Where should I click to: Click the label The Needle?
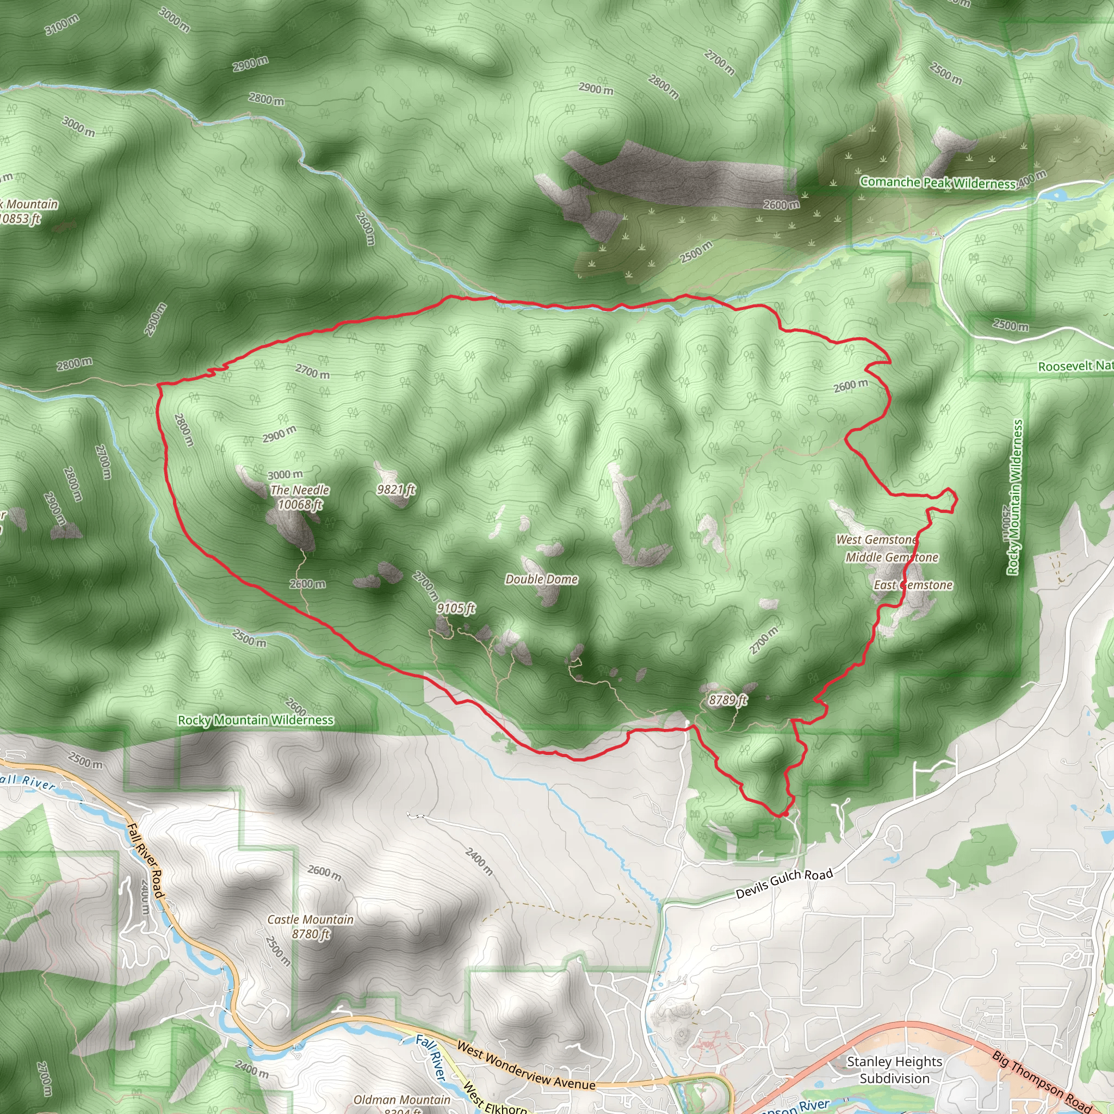300,490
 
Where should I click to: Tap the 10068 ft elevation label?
300,505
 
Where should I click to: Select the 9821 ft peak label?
395,490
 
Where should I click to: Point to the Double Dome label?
541,579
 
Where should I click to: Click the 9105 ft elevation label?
455,608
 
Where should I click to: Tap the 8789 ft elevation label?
728,700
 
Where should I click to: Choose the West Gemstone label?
876,540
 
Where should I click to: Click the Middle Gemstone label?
892,558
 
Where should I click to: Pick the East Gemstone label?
913,585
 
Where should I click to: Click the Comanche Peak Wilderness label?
938,183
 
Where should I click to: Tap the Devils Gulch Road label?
784,883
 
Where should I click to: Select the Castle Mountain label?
310,920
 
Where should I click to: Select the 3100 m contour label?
62,25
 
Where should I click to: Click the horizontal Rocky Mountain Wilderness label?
256,720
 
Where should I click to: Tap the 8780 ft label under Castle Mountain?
311,934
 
